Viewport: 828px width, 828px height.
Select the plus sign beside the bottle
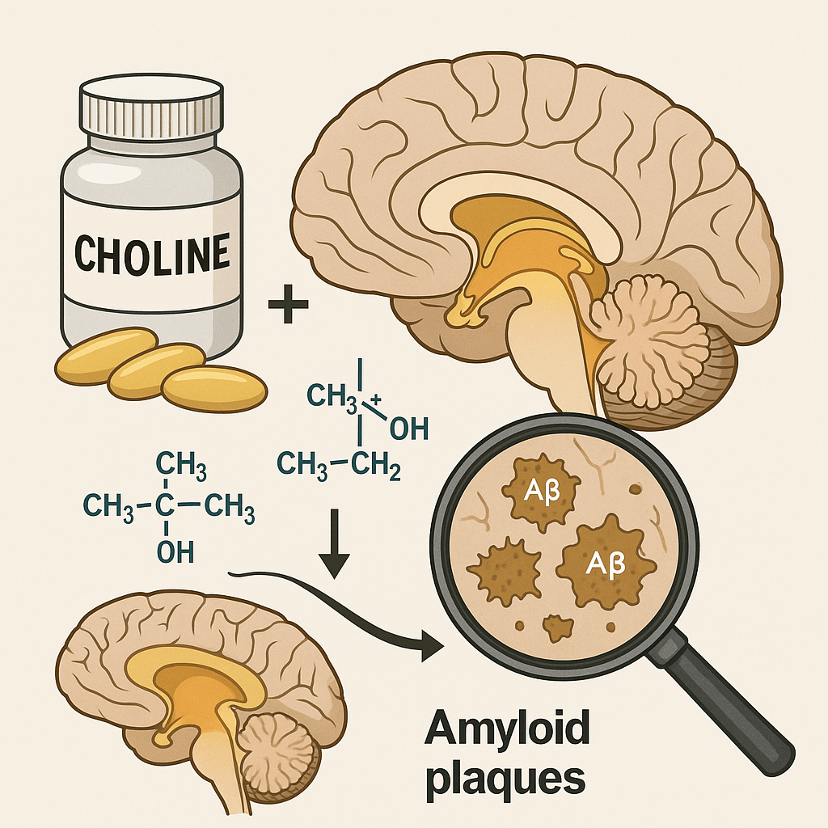[x=289, y=303]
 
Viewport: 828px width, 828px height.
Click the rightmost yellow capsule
[x=214, y=391]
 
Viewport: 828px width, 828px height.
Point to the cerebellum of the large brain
[x=648, y=338]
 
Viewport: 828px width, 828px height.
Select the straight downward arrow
[x=335, y=543]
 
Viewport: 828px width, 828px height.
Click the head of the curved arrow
[x=431, y=645]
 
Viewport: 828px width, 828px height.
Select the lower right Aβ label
[x=606, y=564]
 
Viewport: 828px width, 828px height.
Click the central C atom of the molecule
[x=165, y=505]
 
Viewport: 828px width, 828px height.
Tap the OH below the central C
[x=175, y=552]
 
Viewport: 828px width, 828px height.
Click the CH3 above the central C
[x=181, y=467]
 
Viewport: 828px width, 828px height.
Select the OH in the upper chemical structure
[x=408, y=429]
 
